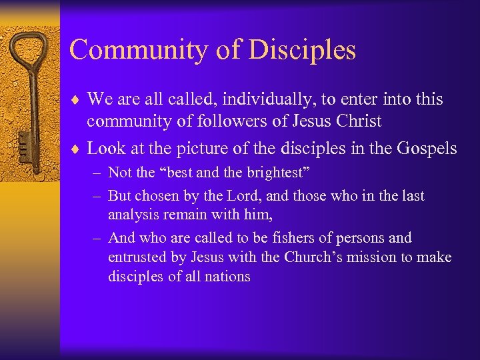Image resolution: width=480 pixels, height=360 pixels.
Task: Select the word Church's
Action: point(314,257)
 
